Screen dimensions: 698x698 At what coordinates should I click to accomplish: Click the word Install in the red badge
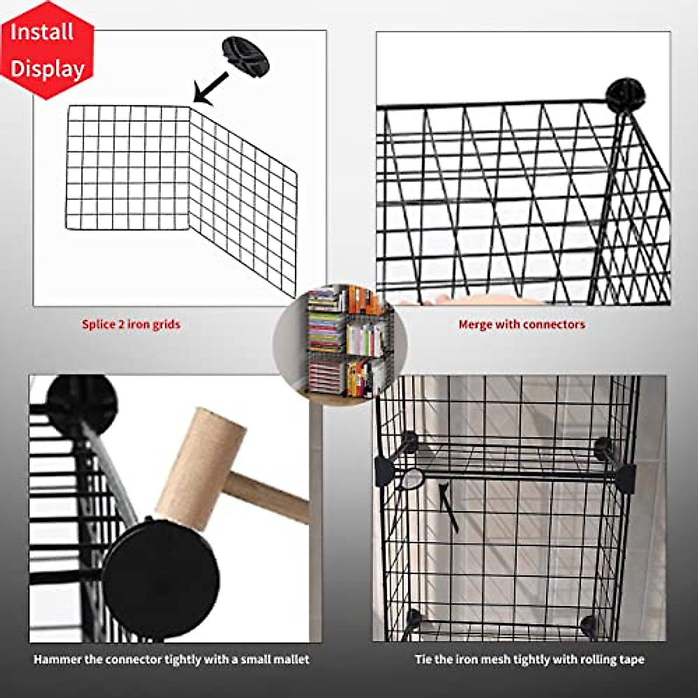pyautogui.click(x=42, y=32)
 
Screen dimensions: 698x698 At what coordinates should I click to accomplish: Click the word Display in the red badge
pyautogui.click(x=48, y=69)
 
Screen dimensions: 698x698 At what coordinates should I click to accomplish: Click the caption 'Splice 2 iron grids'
pyautogui.click(x=131, y=324)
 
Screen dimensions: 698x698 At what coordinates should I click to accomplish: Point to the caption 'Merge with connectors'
pyautogui.click(x=522, y=324)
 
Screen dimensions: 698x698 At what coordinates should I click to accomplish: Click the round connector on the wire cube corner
pyautogui.click(x=625, y=95)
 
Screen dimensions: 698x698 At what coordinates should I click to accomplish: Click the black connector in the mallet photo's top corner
pyautogui.click(x=81, y=401)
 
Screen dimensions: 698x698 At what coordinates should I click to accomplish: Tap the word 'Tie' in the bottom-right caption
pyautogui.click(x=423, y=659)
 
